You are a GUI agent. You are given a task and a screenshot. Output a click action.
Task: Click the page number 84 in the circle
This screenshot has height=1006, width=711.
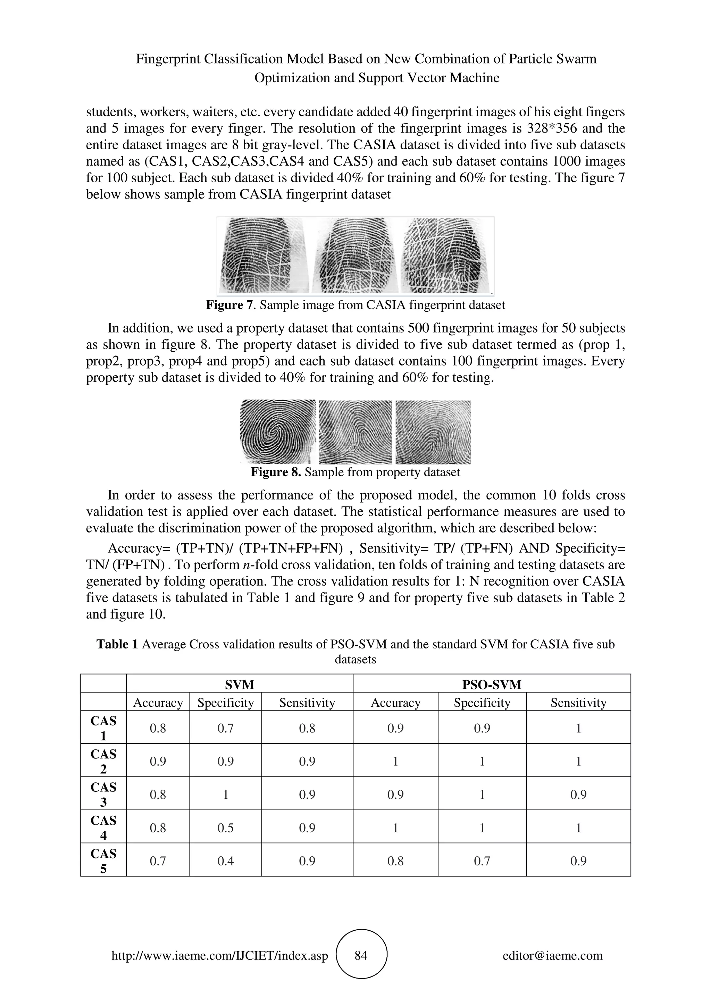[x=361, y=955]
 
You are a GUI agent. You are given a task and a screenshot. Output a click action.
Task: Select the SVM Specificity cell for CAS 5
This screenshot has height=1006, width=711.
[x=225, y=861]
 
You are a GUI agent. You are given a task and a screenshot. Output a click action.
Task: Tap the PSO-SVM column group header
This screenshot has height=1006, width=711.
[x=492, y=685]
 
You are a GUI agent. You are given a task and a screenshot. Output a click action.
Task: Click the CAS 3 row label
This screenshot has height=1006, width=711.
[x=103, y=794]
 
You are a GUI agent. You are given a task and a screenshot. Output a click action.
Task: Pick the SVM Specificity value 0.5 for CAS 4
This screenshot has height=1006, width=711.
[x=225, y=828]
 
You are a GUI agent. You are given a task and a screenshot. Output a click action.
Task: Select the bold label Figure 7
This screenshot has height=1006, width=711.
[x=229, y=305]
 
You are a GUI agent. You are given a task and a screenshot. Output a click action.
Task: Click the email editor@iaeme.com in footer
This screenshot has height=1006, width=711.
[x=552, y=955]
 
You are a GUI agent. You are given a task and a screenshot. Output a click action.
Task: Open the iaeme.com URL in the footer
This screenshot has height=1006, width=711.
[x=220, y=955]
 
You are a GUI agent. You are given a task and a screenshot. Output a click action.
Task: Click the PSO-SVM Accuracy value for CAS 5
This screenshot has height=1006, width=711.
[x=395, y=861]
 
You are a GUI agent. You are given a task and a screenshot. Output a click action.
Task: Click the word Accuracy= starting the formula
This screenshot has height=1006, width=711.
[x=139, y=548]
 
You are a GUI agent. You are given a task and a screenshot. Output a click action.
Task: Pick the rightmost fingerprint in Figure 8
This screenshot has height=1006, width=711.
[x=433, y=432]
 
